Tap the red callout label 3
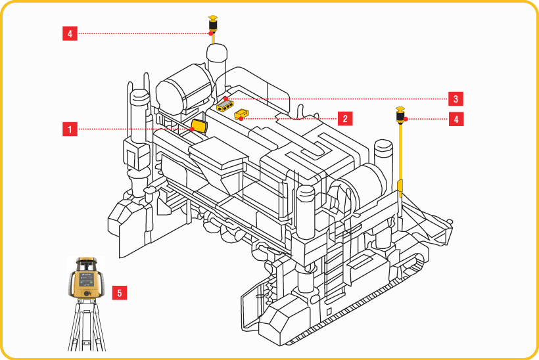point(456,99)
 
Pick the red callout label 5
point(119,292)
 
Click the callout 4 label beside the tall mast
point(455,119)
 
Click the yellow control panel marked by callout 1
point(199,125)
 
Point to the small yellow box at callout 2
point(242,115)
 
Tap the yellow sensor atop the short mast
point(213,24)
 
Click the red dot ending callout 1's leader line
point(191,129)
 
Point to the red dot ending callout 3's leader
point(225,99)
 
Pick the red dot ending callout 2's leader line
point(242,119)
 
